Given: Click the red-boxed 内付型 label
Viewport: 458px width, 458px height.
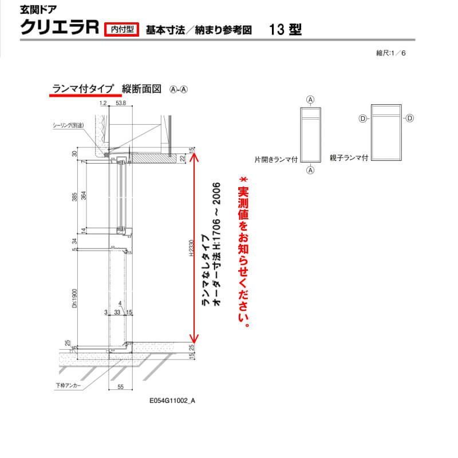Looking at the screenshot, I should click(122, 28).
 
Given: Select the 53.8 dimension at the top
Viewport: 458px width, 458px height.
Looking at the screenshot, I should click(121, 104).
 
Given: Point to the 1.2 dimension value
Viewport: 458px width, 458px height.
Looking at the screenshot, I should click(103, 104).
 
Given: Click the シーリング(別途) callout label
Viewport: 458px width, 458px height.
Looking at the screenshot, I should click(68, 125).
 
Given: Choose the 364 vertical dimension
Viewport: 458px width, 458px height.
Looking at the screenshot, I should click(84, 196).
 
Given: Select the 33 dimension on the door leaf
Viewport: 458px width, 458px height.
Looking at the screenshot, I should click(117, 312).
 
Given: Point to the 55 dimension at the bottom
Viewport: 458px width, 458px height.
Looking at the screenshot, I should click(120, 388).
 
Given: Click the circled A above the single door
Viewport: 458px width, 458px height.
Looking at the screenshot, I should click(310, 99).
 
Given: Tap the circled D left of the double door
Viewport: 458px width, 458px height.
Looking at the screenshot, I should click(362, 118).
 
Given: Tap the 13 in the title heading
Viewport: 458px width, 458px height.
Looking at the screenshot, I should click(276, 29).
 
